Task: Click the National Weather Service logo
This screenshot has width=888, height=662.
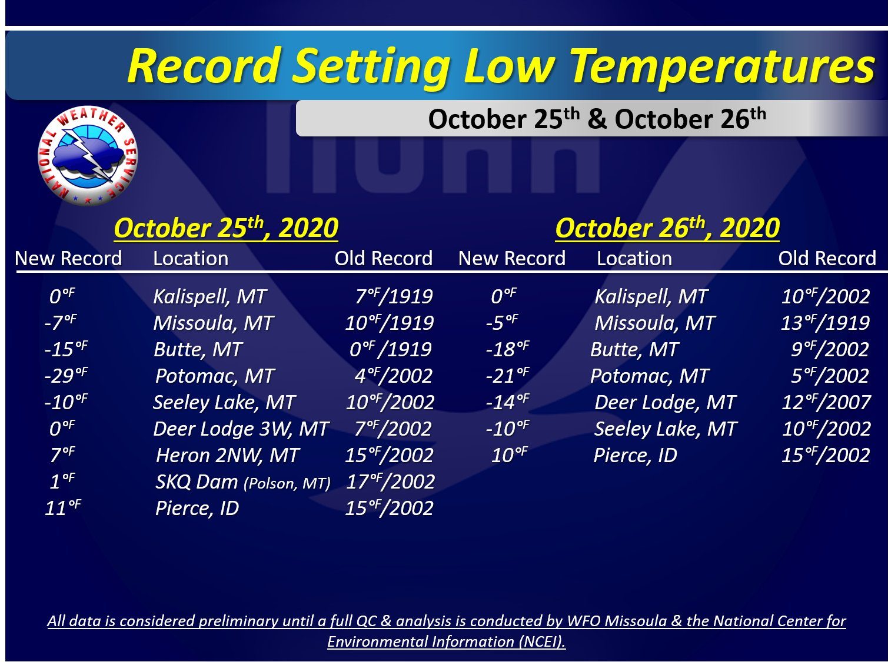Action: click(x=88, y=156)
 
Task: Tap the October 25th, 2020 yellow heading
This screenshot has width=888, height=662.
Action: click(x=226, y=228)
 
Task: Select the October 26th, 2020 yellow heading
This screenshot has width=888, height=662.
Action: click(x=667, y=228)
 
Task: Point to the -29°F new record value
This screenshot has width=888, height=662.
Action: click(x=66, y=376)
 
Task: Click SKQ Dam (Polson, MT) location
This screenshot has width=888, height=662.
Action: click(x=242, y=482)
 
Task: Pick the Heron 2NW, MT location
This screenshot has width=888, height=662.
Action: click(x=227, y=455)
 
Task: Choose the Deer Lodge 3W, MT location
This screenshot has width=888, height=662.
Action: click(x=241, y=429)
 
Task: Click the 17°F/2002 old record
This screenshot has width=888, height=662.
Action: click(x=390, y=482)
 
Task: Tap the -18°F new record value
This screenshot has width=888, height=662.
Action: click(x=507, y=349)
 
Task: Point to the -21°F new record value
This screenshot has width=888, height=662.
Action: click(x=507, y=376)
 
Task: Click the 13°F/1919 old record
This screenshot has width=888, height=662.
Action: click(x=825, y=323)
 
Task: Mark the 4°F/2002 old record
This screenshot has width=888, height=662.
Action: click(x=394, y=376)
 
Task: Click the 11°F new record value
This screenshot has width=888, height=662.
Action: click(x=63, y=507)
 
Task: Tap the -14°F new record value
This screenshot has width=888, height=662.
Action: click(x=507, y=402)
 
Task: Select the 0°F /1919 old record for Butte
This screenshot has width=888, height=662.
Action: click(x=390, y=349)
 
